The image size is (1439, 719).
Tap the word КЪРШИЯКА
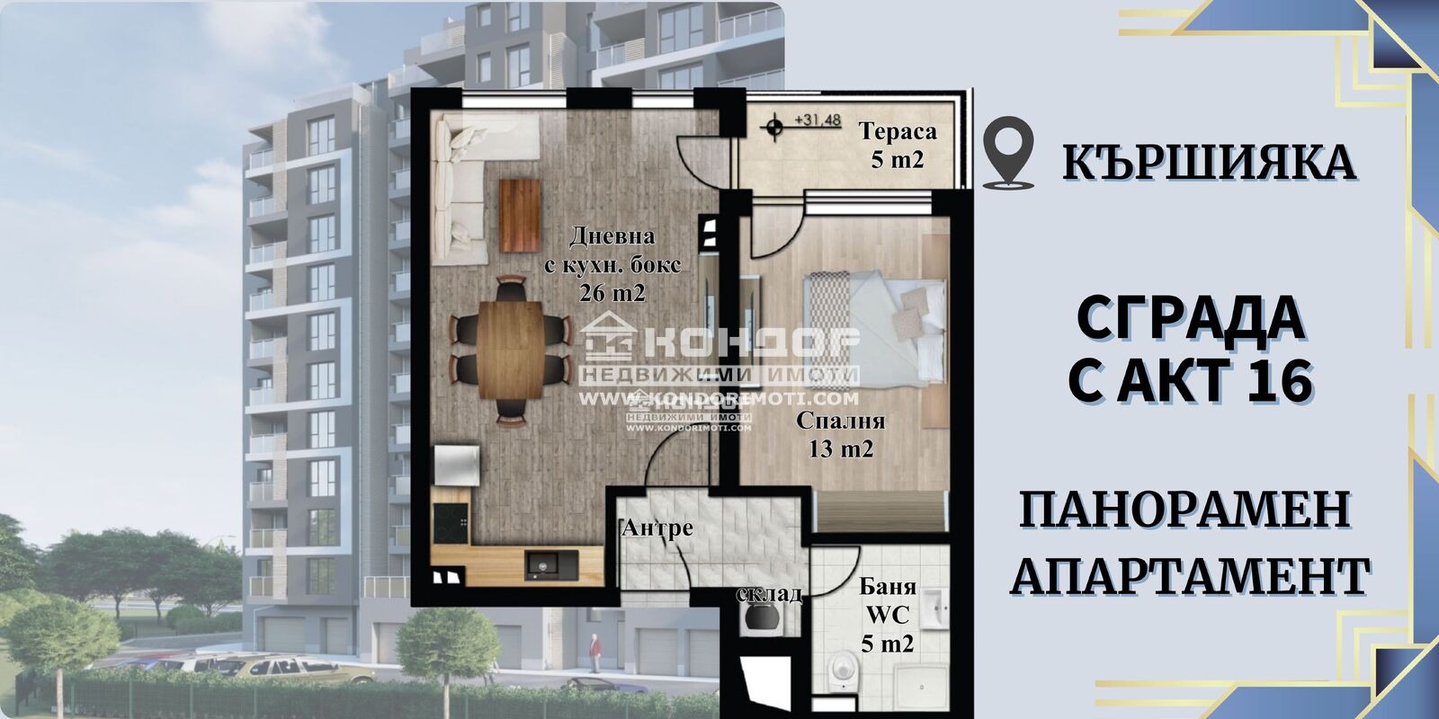tap(1209, 161)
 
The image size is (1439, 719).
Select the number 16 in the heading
tap(1278, 377)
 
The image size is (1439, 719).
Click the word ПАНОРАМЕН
tap(1185, 511)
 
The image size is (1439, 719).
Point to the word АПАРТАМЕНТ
tap(1191, 575)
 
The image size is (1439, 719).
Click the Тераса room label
tap(898, 132)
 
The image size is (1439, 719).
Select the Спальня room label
tap(840, 421)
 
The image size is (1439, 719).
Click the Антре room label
tap(657, 528)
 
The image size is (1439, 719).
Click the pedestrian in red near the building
tap(594, 646)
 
